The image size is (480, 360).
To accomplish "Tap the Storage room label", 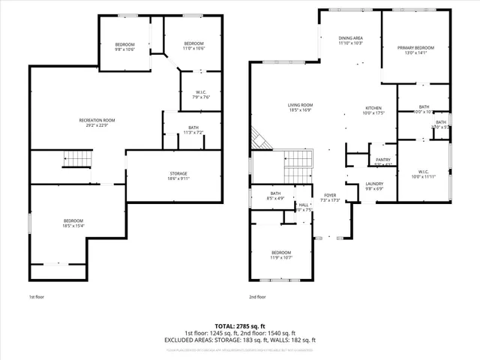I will [178, 174].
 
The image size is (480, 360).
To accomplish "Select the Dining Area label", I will [350, 38].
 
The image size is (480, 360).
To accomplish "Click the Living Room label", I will [300, 105].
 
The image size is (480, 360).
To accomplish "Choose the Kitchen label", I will [373, 108].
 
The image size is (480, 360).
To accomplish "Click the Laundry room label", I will [375, 184].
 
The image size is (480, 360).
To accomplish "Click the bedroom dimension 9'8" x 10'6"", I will [124, 50].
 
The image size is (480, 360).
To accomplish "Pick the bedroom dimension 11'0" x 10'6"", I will [194, 50].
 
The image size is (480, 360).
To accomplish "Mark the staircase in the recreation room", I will [76, 157].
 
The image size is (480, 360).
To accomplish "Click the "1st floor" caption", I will [37, 297].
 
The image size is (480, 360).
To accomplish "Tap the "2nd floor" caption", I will [257, 297].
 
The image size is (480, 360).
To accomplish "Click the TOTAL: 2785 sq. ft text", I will [240, 326].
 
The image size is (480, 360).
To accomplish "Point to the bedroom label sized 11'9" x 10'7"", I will [281, 255].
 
